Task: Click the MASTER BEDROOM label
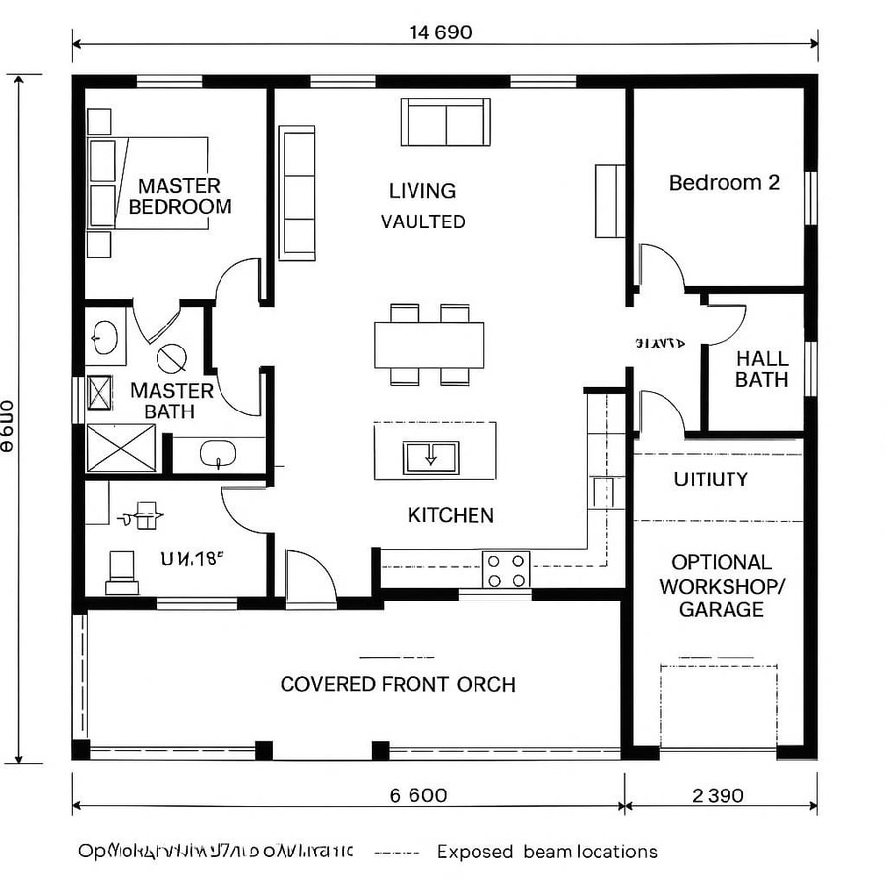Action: pos(179,196)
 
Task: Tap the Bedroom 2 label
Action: pos(725,183)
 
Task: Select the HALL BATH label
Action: pos(761,369)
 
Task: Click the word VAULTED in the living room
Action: pos(423,222)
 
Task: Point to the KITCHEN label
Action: pos(450,515)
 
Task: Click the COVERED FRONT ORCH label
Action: pos(398,684)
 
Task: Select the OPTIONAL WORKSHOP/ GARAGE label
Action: pos(722,586)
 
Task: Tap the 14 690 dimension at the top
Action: pos(440,32)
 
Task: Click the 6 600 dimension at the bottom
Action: pos(418,796)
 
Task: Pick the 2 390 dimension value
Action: pos(718,796)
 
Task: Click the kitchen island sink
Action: pos(430,457)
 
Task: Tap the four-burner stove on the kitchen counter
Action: pos(506,568)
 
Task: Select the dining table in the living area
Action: pos(429,345)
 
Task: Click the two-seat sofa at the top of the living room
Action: pos(445,122)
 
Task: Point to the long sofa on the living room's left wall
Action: pos(296,192)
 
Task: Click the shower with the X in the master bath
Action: pos(120,448)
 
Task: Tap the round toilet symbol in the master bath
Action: pos(171,357)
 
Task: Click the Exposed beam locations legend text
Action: pos(546,852)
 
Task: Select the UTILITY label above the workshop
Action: pos(711,479)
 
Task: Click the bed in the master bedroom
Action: pos(158,183)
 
